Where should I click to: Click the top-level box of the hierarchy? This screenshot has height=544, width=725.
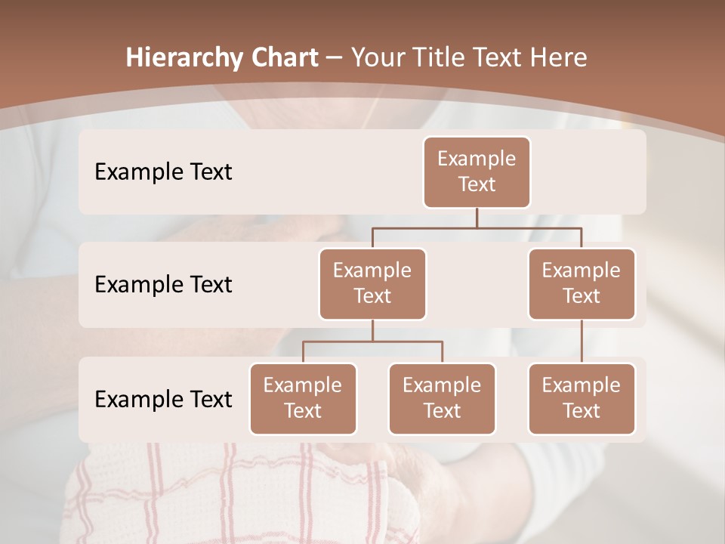pos(477,172)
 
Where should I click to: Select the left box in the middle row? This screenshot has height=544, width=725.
pos(372,283)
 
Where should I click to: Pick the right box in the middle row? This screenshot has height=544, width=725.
pos(582,283)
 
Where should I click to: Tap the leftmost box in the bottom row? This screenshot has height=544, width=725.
pos(303,398)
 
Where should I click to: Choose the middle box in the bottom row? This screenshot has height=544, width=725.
pos(442,398)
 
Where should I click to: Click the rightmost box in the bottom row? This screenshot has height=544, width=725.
pos(582,398)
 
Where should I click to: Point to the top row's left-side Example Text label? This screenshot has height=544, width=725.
pos(163,172)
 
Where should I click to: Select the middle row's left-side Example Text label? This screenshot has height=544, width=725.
pos(163,285)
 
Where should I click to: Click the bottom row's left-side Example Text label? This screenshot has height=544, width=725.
pos(163,399)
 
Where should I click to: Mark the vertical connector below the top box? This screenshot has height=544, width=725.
pos(477,218)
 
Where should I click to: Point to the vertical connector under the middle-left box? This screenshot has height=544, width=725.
pos(372,330)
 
